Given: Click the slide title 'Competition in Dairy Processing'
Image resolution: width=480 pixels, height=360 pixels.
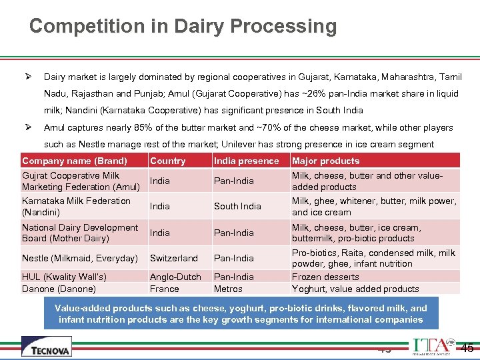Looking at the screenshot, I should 183,27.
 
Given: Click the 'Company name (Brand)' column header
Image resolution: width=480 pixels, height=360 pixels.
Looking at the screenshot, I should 74,161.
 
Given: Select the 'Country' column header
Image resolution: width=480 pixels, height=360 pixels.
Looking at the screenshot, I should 167,161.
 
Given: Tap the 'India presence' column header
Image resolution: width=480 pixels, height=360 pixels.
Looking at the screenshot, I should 246,161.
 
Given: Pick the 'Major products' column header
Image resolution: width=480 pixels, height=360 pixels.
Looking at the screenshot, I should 325,161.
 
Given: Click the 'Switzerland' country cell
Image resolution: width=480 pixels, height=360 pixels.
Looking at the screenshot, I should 173,258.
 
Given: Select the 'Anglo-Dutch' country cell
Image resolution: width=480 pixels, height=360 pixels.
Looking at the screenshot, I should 175,277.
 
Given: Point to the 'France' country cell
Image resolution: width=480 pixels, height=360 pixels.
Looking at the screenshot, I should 164,289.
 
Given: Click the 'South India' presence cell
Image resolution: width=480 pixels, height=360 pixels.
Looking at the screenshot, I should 237,206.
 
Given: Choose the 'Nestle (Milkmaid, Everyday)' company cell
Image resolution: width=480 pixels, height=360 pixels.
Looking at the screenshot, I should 79,258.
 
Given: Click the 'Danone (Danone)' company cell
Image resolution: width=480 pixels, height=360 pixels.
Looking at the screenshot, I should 59,289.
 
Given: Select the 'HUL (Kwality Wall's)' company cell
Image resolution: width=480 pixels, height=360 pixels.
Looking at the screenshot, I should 64,277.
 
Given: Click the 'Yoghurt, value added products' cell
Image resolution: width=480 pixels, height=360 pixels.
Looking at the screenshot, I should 355,289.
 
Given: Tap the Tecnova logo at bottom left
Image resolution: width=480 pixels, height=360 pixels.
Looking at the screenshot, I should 46,346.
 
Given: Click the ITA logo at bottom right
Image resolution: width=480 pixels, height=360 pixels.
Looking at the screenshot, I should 431,346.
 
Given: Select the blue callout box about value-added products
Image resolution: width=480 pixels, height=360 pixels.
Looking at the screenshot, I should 241,313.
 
